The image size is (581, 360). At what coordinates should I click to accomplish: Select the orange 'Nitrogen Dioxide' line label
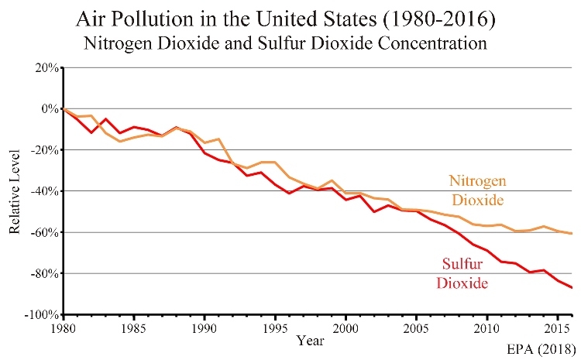tap(478, 190)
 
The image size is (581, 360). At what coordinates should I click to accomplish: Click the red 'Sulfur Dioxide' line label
tap(462, 274)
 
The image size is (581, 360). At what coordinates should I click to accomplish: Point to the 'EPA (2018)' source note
tap(539, 347)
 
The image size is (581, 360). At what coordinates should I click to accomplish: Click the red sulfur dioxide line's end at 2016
tap(572, 288)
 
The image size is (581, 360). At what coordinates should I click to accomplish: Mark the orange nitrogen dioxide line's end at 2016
tap(572, 233)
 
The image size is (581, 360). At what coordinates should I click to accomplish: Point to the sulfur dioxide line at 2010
tap(486, 250)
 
